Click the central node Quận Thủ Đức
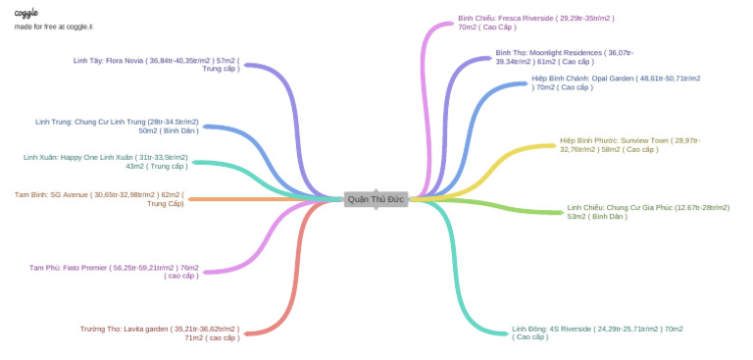click(x=376, y=199)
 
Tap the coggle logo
click(x=25, y=13)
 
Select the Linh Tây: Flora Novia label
click(x=156, y=65)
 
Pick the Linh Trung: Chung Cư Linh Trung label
click(x=117, y=126)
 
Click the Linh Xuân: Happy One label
click(x=105, y=161)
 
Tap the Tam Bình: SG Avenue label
click(x=99, y=199)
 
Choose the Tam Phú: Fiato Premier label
click(x=114, y=271)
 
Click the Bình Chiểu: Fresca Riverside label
click(x=535, y=24)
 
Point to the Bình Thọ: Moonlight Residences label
click(x=564, y=56)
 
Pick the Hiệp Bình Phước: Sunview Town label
click(x=629, y=145)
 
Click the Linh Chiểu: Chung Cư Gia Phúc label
click(x=648, y=212)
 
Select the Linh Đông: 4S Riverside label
click(x=597, y=333)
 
